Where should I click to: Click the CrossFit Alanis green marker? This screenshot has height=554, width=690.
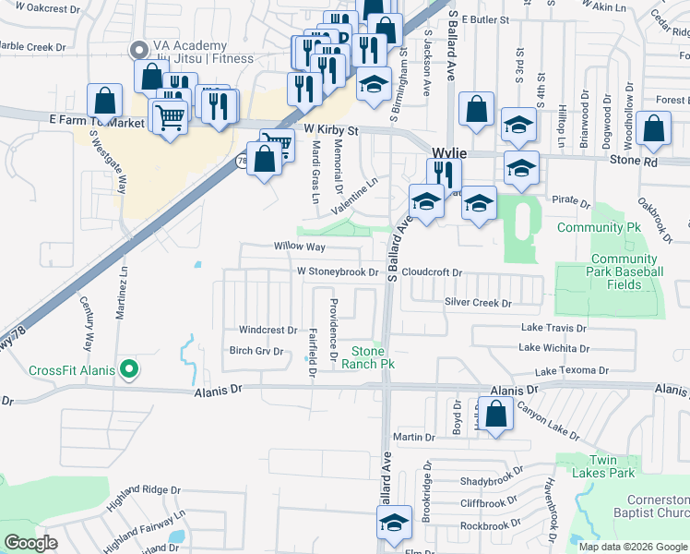point(129,370)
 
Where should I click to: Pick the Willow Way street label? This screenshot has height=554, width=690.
point(299,247)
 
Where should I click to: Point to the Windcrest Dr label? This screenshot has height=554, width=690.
point(268,330)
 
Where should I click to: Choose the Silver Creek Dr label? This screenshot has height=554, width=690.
point(477,302)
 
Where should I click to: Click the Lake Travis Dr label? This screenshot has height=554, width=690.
point(554,327)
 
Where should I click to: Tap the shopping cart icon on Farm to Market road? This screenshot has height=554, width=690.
point(170,117)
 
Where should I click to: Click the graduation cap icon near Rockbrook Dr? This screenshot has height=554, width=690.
point(394,523)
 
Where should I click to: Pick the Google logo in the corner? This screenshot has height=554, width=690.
point(31,542)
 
